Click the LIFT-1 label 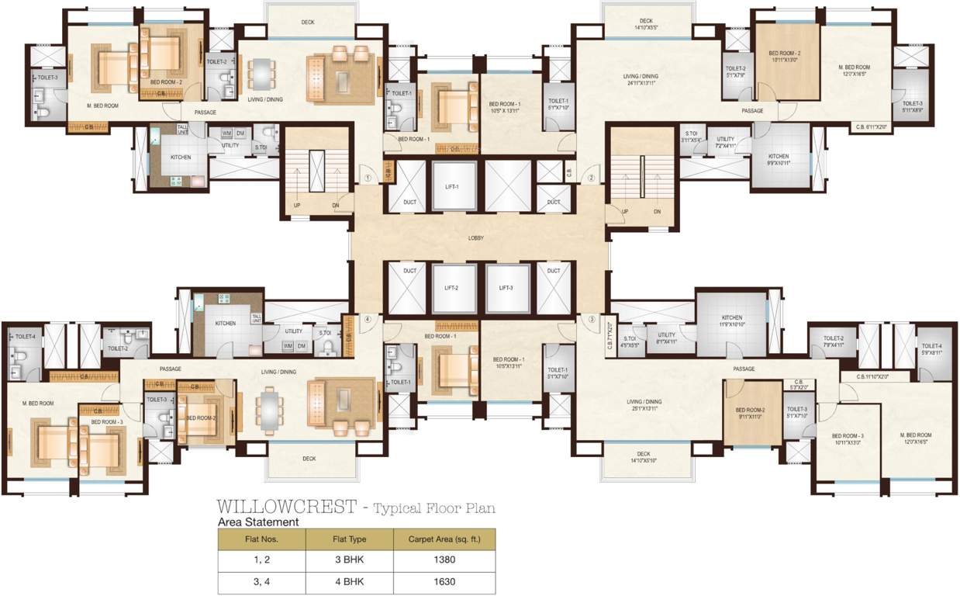point(452,188)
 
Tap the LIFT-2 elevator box point(451,288)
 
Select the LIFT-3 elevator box point(506,288)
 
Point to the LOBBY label point(476,238)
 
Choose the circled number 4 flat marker point(369,319)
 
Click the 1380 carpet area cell point(444,560)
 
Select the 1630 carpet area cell point(444,582)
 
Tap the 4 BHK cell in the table point(349,582)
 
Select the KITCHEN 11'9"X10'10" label point(732,321)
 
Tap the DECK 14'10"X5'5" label point(646,25)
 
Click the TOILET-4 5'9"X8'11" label point(931,349)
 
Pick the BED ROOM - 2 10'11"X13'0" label point(785,57)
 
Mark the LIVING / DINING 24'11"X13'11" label point(641,79)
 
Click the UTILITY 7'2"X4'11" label point(725,142)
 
